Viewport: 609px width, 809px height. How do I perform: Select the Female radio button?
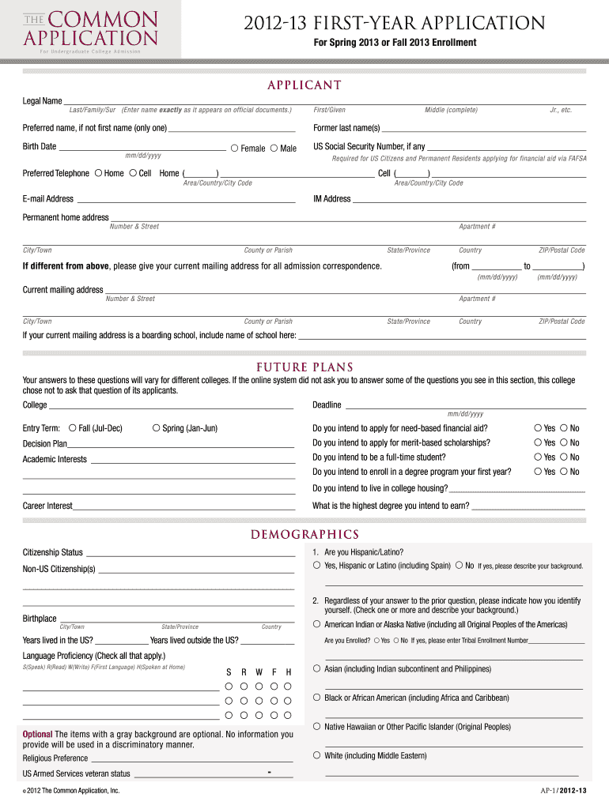[235, 148]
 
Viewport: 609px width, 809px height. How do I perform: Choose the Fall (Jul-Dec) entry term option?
[73, 428]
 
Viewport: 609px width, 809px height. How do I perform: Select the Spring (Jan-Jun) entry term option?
[156, 428]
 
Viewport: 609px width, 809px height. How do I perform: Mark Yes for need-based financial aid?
[538, 428]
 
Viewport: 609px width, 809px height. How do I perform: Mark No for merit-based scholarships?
[564, 442]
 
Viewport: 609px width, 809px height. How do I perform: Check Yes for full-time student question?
[538, 457]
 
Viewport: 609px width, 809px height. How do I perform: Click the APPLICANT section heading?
[304, 85]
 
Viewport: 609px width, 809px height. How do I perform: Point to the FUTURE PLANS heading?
[304, 367]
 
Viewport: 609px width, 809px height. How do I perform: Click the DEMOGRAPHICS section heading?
[304, 535]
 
